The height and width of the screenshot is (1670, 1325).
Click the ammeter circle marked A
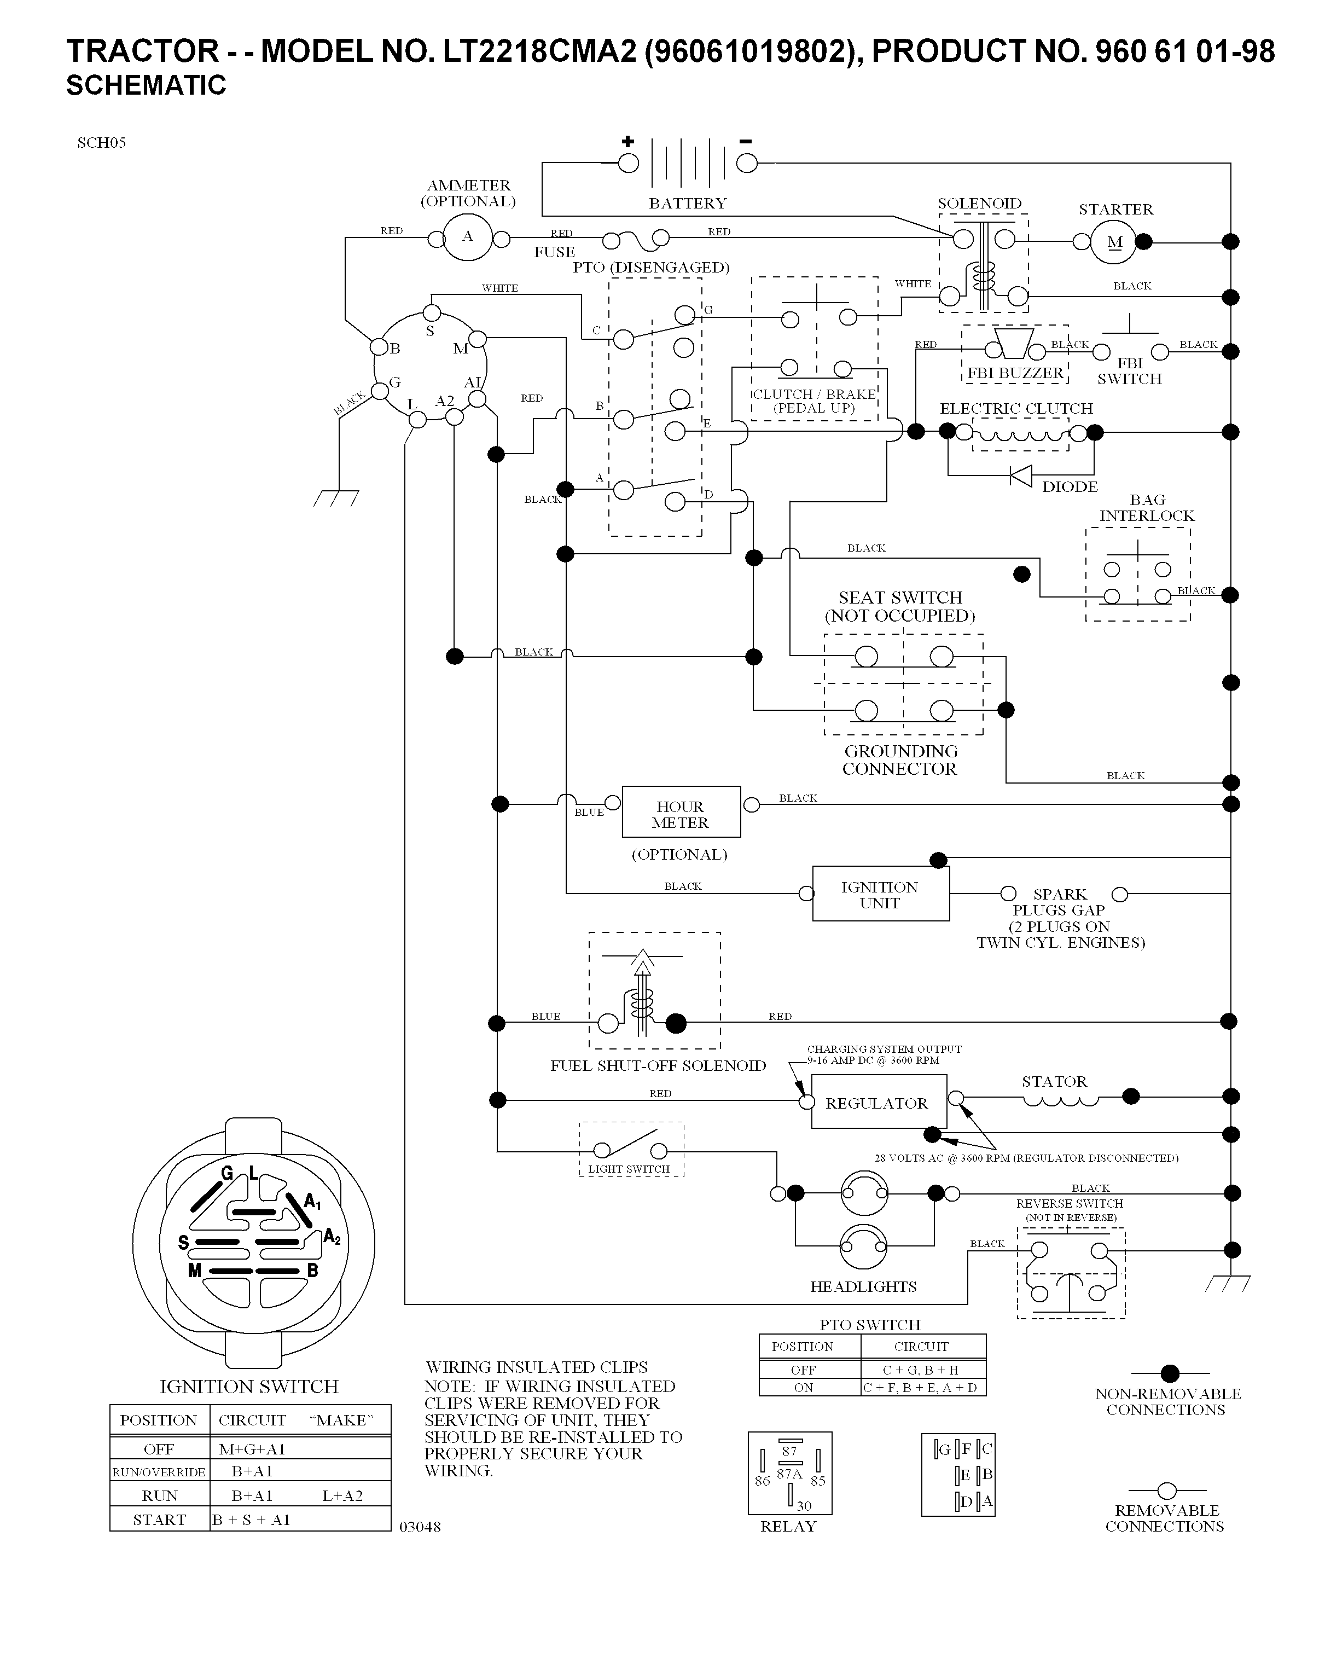click(467, 237)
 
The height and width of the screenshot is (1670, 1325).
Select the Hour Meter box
click(681, 812)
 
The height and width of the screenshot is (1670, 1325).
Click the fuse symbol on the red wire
click(635, 240)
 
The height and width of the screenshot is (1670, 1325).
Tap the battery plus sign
click(627, 141)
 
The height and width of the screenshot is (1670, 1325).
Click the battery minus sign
click(745, 141)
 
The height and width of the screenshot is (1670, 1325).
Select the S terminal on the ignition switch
click(431, 313)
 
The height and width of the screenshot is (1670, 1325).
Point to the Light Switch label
click(628, 1169)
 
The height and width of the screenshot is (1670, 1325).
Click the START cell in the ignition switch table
click(160, 1520)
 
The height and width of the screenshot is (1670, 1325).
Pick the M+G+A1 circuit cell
click(252, 1448)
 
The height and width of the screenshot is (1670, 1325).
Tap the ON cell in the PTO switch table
click(803, 1387)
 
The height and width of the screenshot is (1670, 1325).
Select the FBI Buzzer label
click(1014, 373)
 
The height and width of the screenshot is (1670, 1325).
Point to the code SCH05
click(101, 142)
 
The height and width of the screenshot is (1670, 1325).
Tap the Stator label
click(1054, 1081)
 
